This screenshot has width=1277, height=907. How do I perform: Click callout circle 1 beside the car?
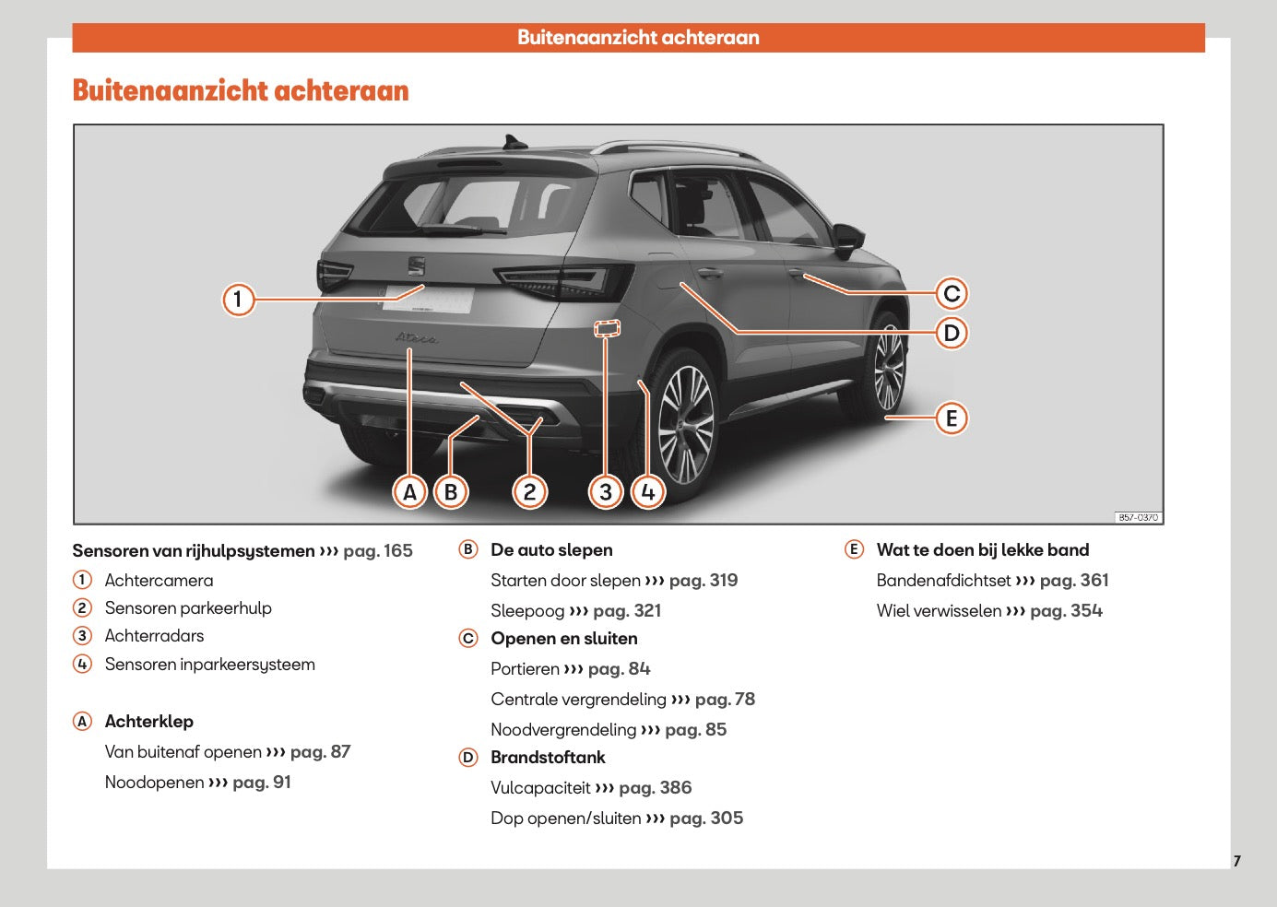[238, 299]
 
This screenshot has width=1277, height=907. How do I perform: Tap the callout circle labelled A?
[409, 492]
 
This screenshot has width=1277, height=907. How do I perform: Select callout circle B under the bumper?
[451, 492]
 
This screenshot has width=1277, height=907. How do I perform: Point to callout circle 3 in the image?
[606, 492]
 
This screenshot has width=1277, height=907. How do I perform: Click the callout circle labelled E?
[952, 418]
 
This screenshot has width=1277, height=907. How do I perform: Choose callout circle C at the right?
[952, 294]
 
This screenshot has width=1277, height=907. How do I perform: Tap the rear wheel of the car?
[684, 423]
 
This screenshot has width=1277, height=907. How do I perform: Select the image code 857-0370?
[1138, 517]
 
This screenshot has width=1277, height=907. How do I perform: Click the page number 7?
[1236, 861]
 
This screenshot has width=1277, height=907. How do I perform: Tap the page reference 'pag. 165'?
[378, 551]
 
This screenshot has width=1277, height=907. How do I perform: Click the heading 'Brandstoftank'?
[548, 758]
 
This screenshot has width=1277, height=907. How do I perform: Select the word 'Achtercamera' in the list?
[159, 581]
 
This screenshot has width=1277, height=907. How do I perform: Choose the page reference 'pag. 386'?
[655, 788]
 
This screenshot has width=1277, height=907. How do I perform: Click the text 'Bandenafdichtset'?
[943, 581]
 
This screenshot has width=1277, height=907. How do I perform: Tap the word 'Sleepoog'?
[527, 611]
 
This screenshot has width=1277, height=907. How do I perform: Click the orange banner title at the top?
[638, 38]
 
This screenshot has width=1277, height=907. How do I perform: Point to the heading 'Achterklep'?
[149, 722]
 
